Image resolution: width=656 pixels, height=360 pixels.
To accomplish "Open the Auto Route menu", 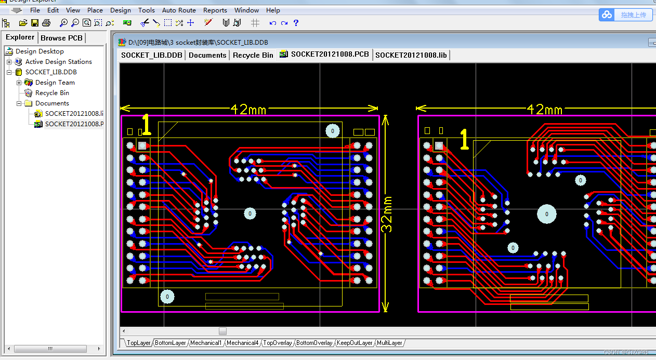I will pos(179,10).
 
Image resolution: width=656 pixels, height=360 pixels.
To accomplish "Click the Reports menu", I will pos(215,10).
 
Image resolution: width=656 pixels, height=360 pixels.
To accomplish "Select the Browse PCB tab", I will pos(61,38).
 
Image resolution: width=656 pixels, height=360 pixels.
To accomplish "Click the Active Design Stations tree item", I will pos(58,62).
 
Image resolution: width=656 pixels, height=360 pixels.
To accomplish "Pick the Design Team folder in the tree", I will pos(55,83).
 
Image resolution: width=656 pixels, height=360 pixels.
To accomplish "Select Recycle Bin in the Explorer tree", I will pos(52,93).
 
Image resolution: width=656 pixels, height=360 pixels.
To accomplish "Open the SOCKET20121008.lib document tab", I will pos(411,55).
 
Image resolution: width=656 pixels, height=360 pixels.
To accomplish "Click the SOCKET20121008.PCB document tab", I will pos(330,55).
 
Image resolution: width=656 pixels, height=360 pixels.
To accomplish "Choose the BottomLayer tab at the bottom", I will pos(170,343).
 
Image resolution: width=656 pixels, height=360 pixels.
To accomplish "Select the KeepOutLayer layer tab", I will pos(355,343).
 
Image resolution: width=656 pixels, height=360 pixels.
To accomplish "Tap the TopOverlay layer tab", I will pos(278,343).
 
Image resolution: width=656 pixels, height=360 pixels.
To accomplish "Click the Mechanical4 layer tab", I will pos(242,343).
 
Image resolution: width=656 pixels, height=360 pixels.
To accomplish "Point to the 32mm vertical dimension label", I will pos(387,214).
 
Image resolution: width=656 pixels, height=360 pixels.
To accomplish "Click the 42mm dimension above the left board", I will pos(248,109).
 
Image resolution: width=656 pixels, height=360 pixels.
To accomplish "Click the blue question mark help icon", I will pos(296,23).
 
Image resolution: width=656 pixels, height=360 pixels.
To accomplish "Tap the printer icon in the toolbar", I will pos(46,23).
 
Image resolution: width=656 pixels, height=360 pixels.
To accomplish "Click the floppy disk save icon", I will pos(35,23).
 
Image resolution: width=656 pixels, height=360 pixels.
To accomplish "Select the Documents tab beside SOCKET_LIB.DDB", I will pos(207,55).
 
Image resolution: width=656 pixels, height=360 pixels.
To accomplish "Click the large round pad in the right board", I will pos(546,214).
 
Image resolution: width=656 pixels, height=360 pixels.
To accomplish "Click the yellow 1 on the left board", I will pos(146,125).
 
